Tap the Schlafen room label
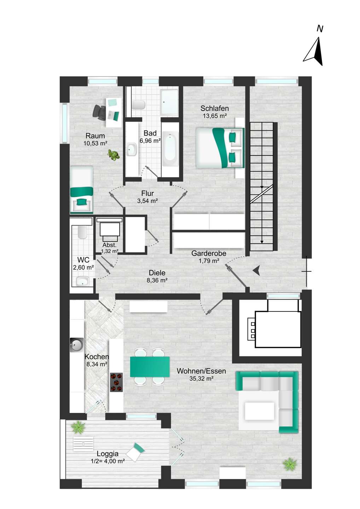tap(215, 109)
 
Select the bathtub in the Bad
tap(170, 148)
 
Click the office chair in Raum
tap(99, 111)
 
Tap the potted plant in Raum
tap(114, 156)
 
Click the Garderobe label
tap(209, 253)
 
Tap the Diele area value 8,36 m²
tap(157, 280)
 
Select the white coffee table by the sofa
tap(260, 411)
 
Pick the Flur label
tap(147, 193)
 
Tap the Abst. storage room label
tap(110, 245)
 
